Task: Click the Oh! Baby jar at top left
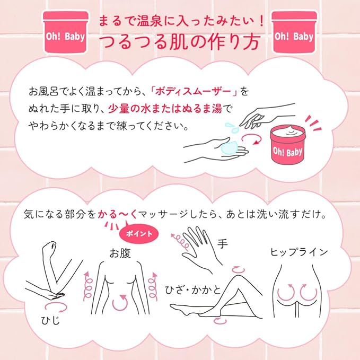tap(66, 32)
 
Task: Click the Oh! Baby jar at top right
tap(294, 32)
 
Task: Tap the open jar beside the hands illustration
tap(288, 145)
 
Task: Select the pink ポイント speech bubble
tap(139, 233)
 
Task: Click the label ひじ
tap(50, 320)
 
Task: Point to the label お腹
tap(120, 253)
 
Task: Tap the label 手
tap(222, 243)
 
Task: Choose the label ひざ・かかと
tap(192, 289)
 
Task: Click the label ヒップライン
tap(298, 252)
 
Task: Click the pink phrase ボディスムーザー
tap(193, 91)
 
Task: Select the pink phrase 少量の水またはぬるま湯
tap(165, 109)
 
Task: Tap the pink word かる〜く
tap(118, 214)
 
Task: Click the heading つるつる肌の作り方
tap(180, 42)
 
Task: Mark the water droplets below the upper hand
tap(231, 127)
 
